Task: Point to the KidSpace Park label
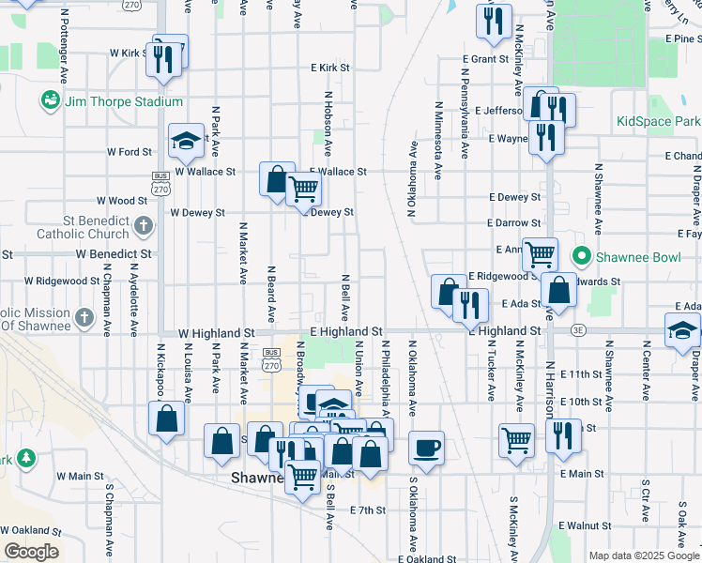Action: tap(658, 122)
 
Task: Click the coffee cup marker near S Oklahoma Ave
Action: tap(426, 446)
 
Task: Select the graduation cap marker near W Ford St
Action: tap(186, 141)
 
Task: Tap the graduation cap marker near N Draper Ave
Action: tap(682, 329)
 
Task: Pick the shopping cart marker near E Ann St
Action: tap(540, 252)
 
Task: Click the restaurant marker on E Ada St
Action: tap(469, 303)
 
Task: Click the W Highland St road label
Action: tap(217, 332)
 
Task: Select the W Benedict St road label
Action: tap(114, 254)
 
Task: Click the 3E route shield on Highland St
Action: tap(579, 330)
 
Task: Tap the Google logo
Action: tap(30, 552)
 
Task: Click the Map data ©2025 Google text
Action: tap(644, 555)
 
